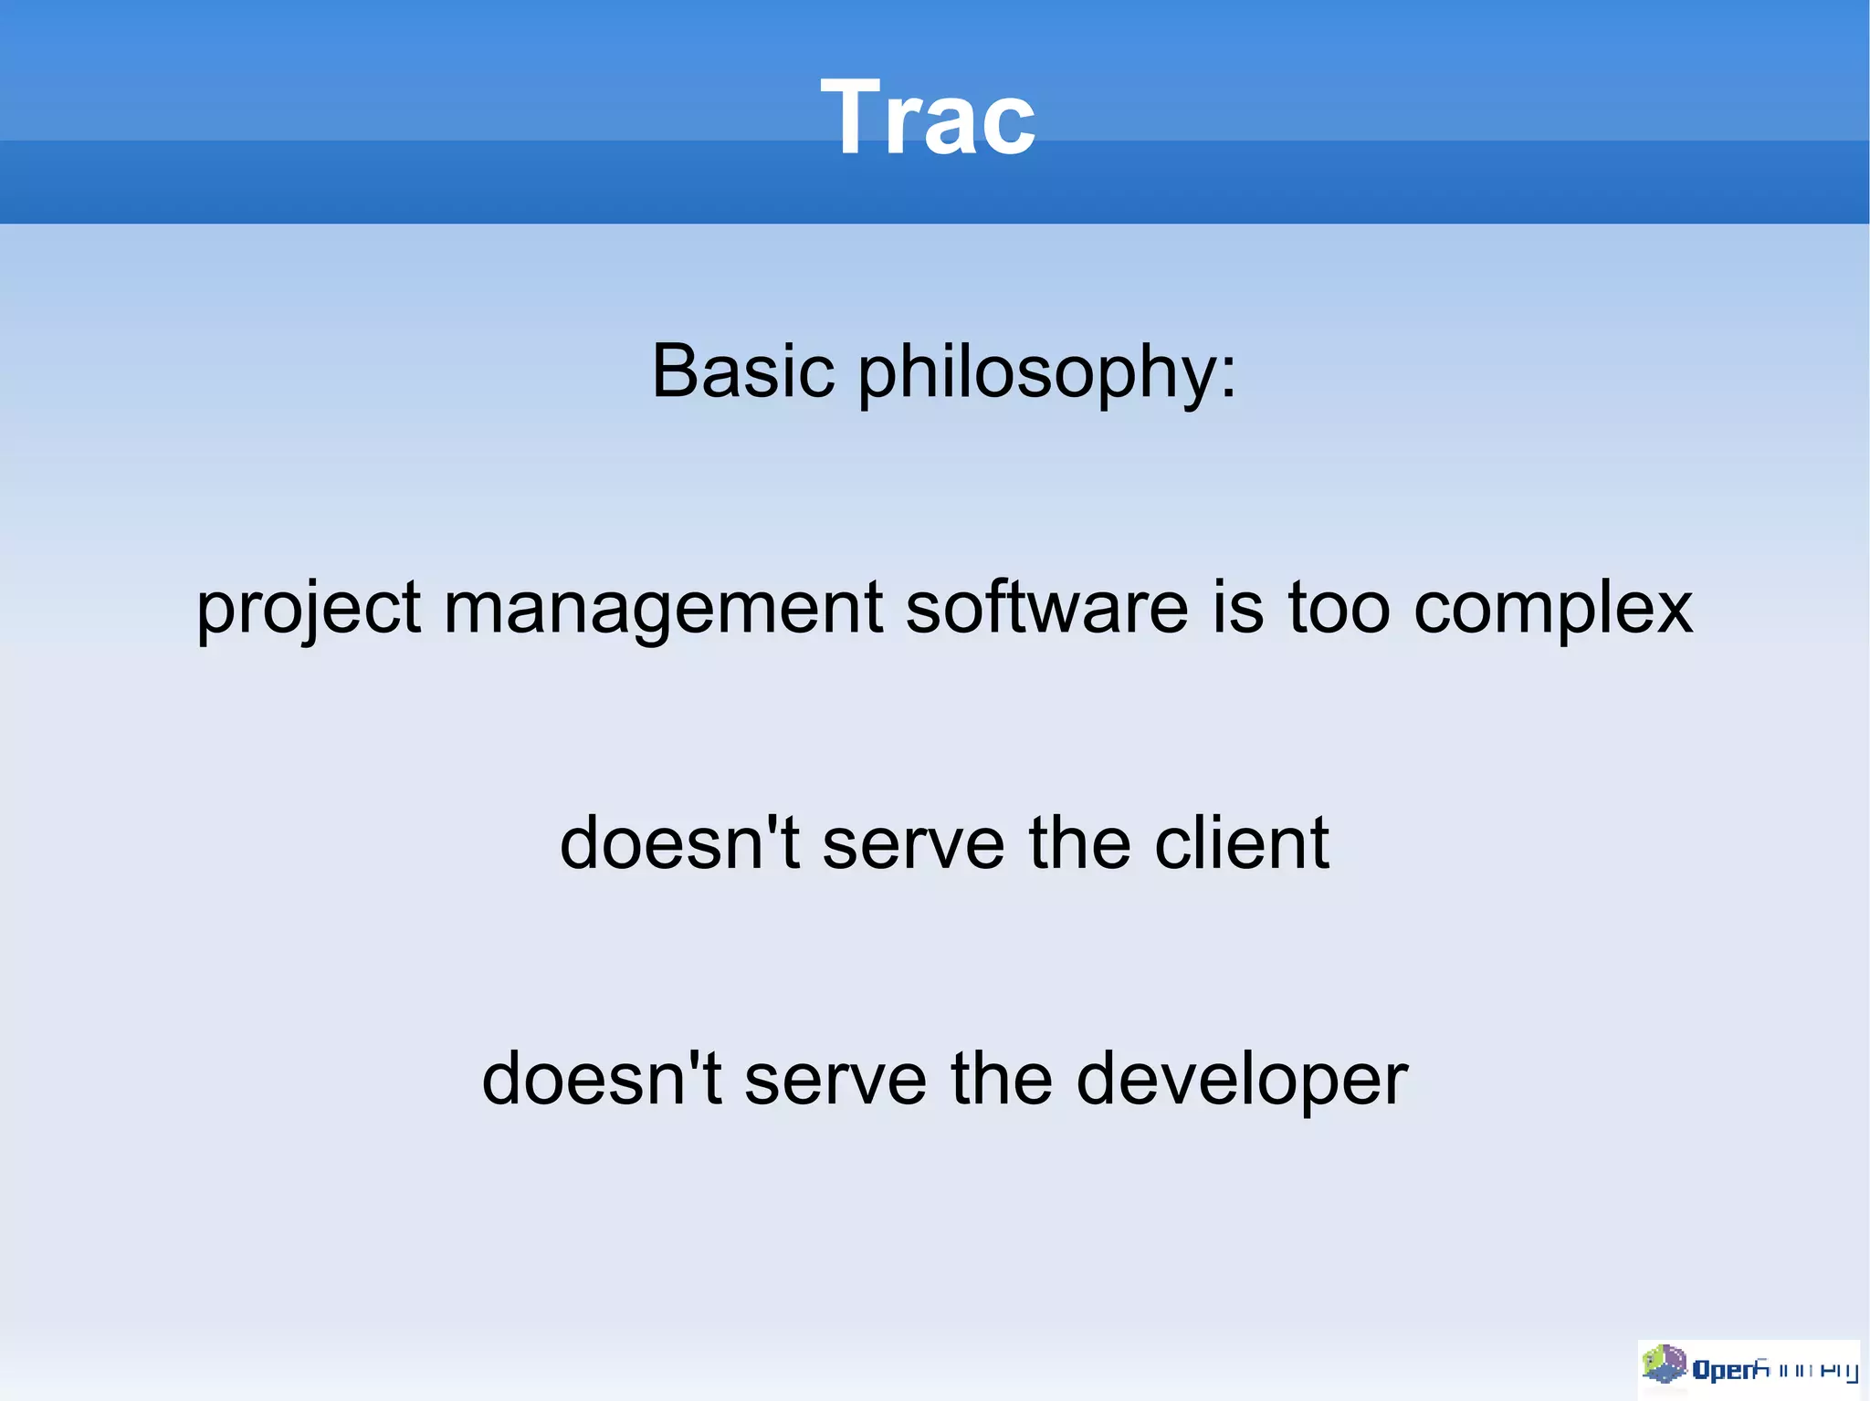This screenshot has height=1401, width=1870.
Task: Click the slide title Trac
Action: tap(928, 117)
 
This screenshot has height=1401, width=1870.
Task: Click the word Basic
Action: tap(742, 371)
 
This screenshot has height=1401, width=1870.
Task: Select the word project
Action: tap(308, 610)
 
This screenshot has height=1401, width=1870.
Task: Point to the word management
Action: tap(663, 610)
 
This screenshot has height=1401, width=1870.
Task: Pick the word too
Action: tap(1339, 608)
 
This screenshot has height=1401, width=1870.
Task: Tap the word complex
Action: tap(1552, 610)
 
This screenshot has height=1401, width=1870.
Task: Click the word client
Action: tap(1241, 843)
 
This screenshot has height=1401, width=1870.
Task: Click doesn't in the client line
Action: tap(679, 843)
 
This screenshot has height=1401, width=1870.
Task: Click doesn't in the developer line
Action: tap(602, 1079)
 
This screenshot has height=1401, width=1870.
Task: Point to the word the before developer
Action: tap(1002, 1079)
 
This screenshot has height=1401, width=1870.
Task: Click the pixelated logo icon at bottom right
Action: tap(1664, 1364)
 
